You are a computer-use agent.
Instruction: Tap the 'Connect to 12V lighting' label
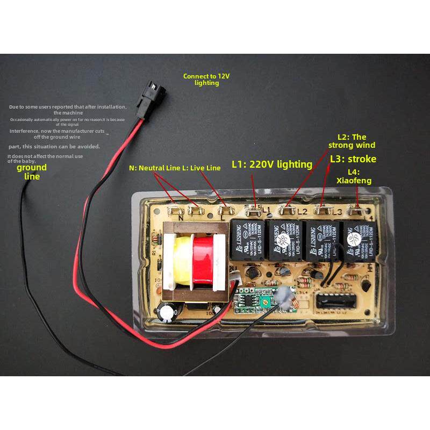[x=206, y=80]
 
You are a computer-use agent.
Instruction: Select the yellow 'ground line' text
[x=32, y=172]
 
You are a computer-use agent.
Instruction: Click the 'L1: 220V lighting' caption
[x=272, y=164]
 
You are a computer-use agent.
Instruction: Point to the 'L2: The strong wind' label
[x=352, y=141]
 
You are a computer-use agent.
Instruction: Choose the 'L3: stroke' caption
[x=353, y=159]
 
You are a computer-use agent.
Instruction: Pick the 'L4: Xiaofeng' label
[x=353, y=176]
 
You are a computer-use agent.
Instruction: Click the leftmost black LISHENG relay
[x=247, y=239]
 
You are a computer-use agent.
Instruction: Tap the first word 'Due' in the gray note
[x=13, y=107]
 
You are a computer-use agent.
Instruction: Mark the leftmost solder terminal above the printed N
[x=174, y=205]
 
